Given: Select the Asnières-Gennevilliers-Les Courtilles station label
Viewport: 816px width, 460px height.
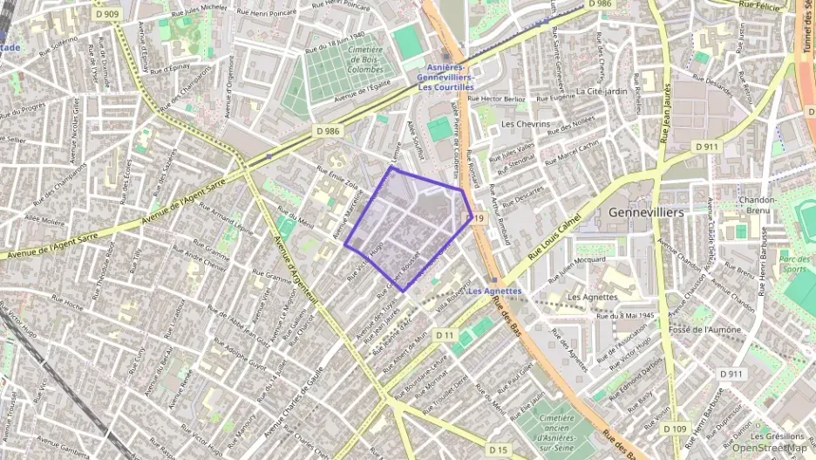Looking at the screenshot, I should [x=445, y=77].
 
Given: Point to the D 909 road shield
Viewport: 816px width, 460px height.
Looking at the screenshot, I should [x=107, y=14].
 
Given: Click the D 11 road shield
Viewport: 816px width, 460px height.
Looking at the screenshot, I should [x=445, y=335].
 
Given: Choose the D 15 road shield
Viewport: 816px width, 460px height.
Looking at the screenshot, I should [x=498, y=449].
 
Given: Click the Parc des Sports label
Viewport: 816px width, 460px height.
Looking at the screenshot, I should [x=794, y=264].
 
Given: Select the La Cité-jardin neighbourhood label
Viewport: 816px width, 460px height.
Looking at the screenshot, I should [x=602, y=91].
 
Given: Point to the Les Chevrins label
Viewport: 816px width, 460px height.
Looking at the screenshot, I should [x=526, y=124].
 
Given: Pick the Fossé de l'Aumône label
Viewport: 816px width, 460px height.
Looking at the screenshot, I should [x=704, y=330].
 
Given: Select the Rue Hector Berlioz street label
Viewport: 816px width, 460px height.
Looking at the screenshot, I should [x=497, y=99].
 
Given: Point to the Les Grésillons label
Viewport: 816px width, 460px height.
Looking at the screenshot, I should [x=778, y=436].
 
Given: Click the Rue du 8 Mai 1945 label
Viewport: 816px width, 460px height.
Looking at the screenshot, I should [x=624, y=315].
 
